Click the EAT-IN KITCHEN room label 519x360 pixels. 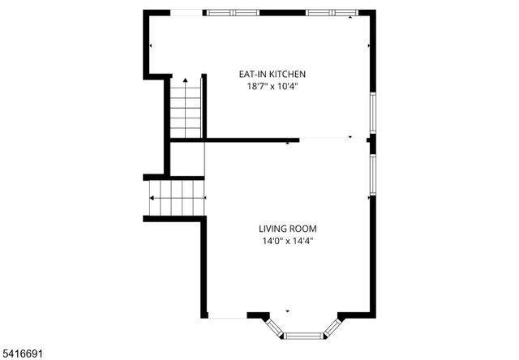(272, 74)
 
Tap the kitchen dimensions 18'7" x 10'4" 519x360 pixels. (272, 86)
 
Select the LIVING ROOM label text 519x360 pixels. (287, 229)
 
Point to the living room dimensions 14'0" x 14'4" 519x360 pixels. (287, 241)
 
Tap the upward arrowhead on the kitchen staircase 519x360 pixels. (186, 80)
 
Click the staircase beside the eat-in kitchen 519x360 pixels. (186, 109)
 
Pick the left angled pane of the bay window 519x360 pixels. (276, 326)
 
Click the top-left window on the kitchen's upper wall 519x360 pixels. (233, 13)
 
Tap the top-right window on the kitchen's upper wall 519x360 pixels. (332, 13)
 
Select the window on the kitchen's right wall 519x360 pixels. (373, 113)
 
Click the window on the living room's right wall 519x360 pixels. (373, 174)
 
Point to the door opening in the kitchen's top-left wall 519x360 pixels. (175, 13)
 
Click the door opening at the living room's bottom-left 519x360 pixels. (227, 316)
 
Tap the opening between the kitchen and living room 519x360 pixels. (332, 139)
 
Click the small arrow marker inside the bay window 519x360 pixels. (287, 311)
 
